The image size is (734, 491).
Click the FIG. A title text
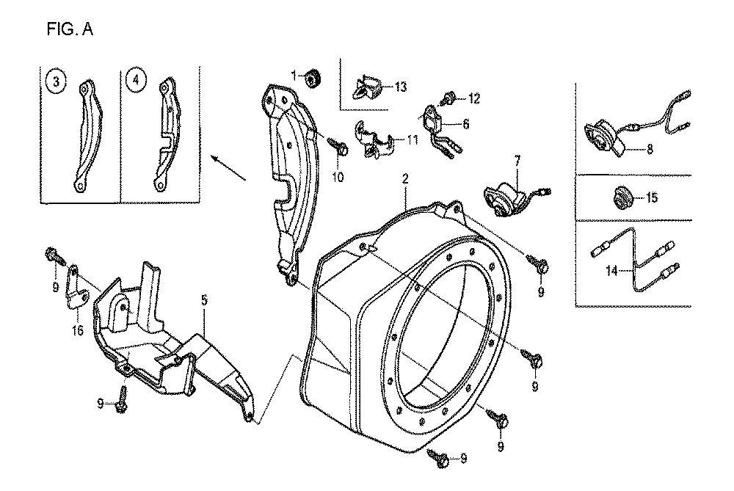pos(70,29)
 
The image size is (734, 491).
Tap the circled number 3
pos(57,82)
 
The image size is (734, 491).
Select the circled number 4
pos(136,80)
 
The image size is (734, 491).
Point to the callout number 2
pos(405,178)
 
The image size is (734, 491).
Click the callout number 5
pos(204,300)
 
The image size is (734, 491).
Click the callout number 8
pos(650,149)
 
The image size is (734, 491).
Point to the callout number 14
pos(611,270)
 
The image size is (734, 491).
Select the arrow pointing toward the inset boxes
pos(229,168)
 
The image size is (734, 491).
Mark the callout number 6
pos(465,125)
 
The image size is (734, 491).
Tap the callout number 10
pos(338,177)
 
